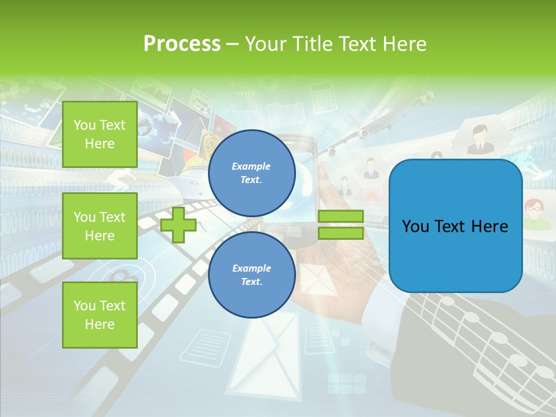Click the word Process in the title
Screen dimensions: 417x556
[x=182, y=44]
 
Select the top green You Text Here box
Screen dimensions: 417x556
[x=100, y=134]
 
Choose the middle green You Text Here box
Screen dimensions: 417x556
[x=100, y=226]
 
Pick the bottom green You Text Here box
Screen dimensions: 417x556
[x=100, y=315]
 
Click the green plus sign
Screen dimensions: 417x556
[x=178, y=225]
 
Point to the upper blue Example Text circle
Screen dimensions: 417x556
[x=251, y=173]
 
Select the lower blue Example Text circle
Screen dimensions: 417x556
[x=251, y=275]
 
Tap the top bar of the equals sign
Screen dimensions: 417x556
[x=341, y=216]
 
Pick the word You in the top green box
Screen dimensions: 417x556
[x=85, y=125]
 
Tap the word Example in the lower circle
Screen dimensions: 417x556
[x=251, y=268]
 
